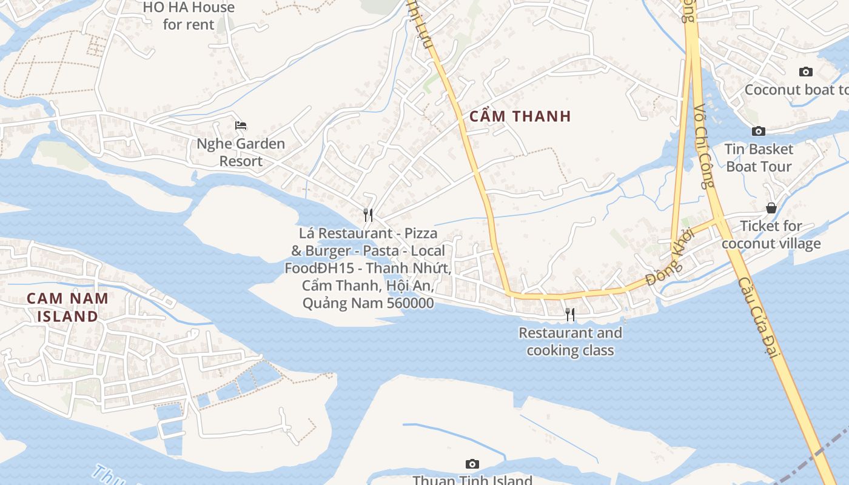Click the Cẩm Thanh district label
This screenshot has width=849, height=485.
pyautogui.click(x=521, y=116)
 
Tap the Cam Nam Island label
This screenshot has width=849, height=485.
pyautogui.click(x=67, y=307)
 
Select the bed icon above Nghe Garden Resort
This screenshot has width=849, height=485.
pyautogui.click(x=241, y=125)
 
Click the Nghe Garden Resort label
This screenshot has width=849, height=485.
pyautogui.click(x=241, y=152)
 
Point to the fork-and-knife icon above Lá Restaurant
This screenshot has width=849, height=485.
pyautogui.click(x=367, y=215)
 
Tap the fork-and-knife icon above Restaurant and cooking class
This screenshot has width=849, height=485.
pyautogui.click(x=569, y=314)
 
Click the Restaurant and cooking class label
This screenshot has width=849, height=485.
pyautogui.click(x=570, y=341)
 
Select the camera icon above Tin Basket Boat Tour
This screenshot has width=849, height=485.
pyautogui.click(x=758, y=131)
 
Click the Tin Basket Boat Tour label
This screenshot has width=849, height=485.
pyautogui.click(x=759, y=158)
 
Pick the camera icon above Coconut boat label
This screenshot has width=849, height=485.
pyautogui.click(x=805, y=72)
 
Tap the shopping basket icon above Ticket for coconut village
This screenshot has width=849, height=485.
pyautogui.click(x=771, y=208)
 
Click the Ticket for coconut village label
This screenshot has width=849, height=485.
pyautogui.click(x=771, y=235)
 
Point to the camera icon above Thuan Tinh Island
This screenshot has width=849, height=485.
pyautogui.click(x=472, y=464)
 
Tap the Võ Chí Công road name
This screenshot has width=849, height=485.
pyautogui.click(x=705, y=145)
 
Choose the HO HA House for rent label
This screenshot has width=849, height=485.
pyautogui.click(x=189, y=16)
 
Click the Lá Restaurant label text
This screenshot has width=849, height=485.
pyautogui.click(x=367, y=268)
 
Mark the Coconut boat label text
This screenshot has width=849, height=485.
pyautogui.click(x=796, y=90)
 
